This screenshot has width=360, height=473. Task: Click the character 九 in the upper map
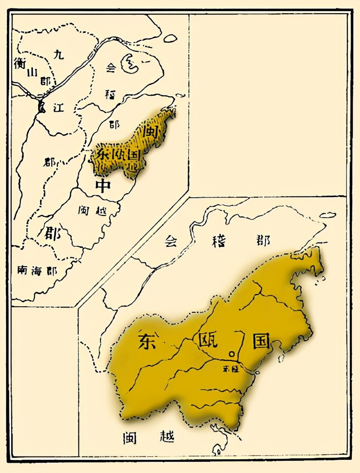coord(59,55)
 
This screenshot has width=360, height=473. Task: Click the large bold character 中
coord(103,185)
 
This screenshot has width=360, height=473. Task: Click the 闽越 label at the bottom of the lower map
coord(148,437)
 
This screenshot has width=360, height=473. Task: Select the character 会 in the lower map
coord(170,241)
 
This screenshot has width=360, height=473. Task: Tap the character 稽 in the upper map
coord(110,94)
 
